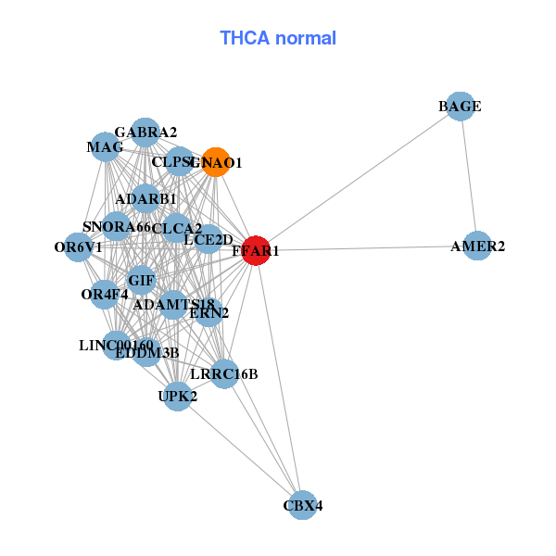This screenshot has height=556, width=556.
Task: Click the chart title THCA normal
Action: (277, 38)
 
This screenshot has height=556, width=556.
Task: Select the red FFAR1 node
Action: (256, 250)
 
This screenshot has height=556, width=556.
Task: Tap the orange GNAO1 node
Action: (215, 162)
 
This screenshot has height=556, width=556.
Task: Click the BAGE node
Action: (460, 107)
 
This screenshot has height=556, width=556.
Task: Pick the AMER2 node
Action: (477, 246)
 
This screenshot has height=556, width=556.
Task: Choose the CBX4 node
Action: (303, 506)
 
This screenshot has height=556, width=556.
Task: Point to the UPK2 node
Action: (178, 397)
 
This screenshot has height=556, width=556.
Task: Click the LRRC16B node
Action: (224, 373)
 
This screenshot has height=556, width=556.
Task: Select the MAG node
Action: (105, 147)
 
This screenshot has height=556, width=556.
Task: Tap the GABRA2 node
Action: (145, 133)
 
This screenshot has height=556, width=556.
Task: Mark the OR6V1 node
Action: (79, 247)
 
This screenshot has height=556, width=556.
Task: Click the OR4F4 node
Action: (104, 295)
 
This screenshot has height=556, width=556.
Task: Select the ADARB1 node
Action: (145, 199)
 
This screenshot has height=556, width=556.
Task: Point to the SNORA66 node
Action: (116, 227)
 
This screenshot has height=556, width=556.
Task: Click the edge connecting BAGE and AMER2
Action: (468, 176)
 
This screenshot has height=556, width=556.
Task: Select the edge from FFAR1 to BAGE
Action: (358, 178)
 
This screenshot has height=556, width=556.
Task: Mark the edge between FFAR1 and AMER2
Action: (366, 248)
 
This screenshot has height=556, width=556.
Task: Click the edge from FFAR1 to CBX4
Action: (279, 378)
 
